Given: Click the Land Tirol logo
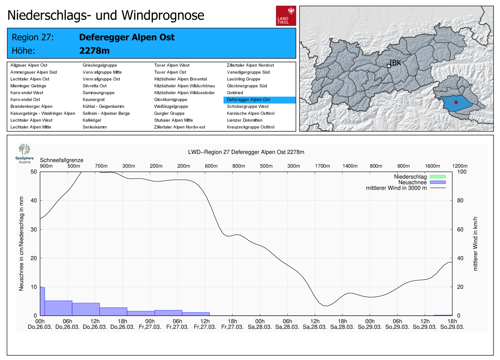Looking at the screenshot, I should coord(286,16).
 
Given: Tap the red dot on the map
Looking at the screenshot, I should coord(456,102).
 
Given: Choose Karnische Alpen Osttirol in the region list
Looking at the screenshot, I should coord(250,113).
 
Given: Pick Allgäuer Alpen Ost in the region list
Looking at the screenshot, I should coord(29,65).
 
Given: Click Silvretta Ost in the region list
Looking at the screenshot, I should coord(94,86).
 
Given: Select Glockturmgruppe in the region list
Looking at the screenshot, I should coord(171,100).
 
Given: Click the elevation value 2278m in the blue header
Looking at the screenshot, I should coord(94,51).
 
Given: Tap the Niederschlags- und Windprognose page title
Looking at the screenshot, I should coord(106,15).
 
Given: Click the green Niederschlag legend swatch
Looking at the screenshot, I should coord(437,177).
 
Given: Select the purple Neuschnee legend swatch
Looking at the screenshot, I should coord(437,182).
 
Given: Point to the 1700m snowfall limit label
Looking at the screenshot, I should coord(322,166).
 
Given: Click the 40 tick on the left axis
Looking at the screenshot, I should coord(33,200).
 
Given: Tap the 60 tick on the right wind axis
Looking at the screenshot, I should coord(460,229).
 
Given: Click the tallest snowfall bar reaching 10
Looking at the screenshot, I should coord(42,301).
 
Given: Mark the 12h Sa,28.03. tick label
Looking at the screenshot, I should coord(315,324).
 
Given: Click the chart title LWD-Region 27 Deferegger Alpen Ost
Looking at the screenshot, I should coord(246,152).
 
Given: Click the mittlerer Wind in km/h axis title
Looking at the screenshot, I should coord(475,244).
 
